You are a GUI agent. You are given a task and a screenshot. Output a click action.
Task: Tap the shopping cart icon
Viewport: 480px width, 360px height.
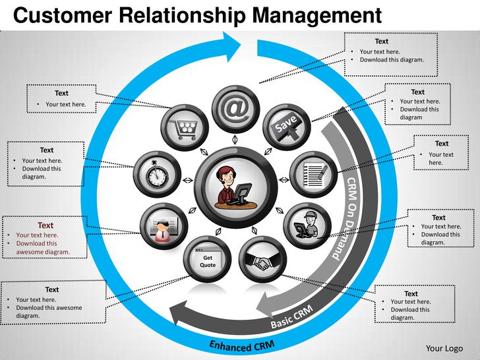(185, 127)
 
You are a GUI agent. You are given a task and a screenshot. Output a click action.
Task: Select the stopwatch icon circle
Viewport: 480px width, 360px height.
(156, 173)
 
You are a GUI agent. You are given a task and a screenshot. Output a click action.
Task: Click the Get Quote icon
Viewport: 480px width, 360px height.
(208, 261)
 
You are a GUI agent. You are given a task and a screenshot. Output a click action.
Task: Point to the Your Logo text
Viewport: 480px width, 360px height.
(444, 348)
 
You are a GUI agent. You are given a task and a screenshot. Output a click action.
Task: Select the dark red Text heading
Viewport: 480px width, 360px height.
(45, 225)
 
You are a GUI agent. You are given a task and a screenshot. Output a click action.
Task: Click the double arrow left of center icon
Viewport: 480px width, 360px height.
(187, 180)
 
